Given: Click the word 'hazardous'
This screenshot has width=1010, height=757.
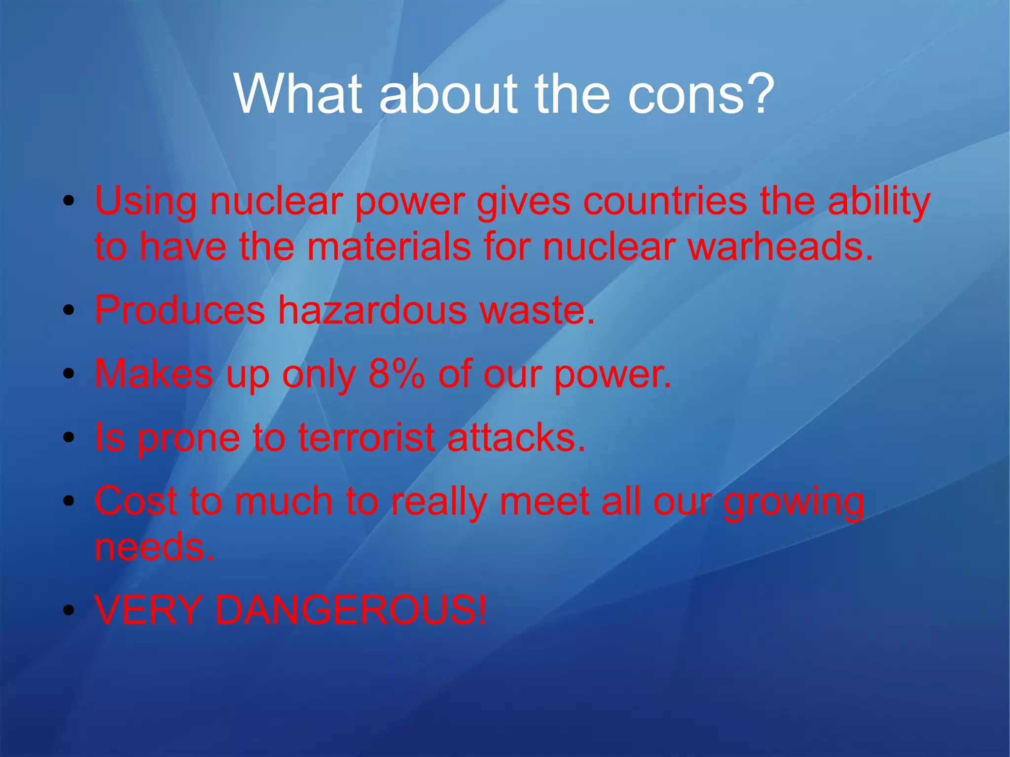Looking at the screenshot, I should point(372,310).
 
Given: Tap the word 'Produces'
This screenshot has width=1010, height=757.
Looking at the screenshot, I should point(180,310).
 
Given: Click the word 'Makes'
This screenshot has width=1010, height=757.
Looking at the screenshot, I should point(154,373).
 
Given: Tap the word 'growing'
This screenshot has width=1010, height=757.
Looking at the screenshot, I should point(794,502).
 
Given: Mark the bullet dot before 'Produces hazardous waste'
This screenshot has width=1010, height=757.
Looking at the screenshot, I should point(69,311).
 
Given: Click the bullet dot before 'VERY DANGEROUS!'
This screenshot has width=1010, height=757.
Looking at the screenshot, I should point(69,611).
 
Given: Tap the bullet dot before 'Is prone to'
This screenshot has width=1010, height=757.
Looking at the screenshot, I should point(69,437).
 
